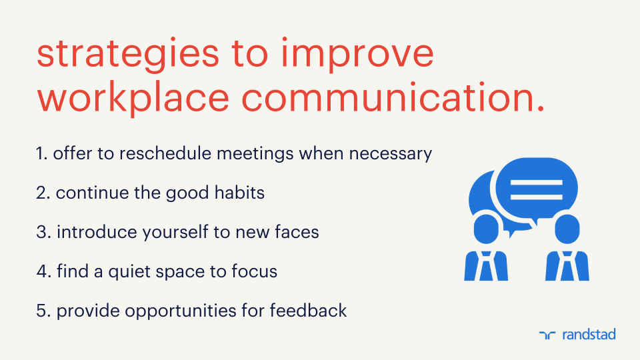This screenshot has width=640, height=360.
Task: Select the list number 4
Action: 42,271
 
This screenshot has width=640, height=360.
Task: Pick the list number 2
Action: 42,193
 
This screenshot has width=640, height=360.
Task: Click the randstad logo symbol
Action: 547,335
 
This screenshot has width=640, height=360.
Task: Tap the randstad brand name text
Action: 589,334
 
